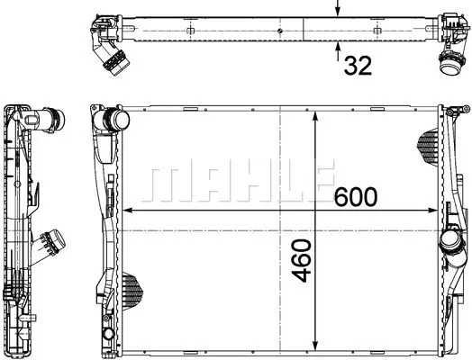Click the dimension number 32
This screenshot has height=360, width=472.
(x=358, y=66)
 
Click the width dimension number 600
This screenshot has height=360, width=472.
(x=356, y=197)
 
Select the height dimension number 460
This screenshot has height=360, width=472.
(x=302, y=261)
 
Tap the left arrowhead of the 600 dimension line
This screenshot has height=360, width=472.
(x=128, y=211)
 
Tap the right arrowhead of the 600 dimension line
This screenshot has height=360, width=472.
(x=433, y=211)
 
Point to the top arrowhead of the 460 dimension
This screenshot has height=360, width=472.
(x=315, y=116)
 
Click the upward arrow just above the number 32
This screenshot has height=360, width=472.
(x=338, y=51)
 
